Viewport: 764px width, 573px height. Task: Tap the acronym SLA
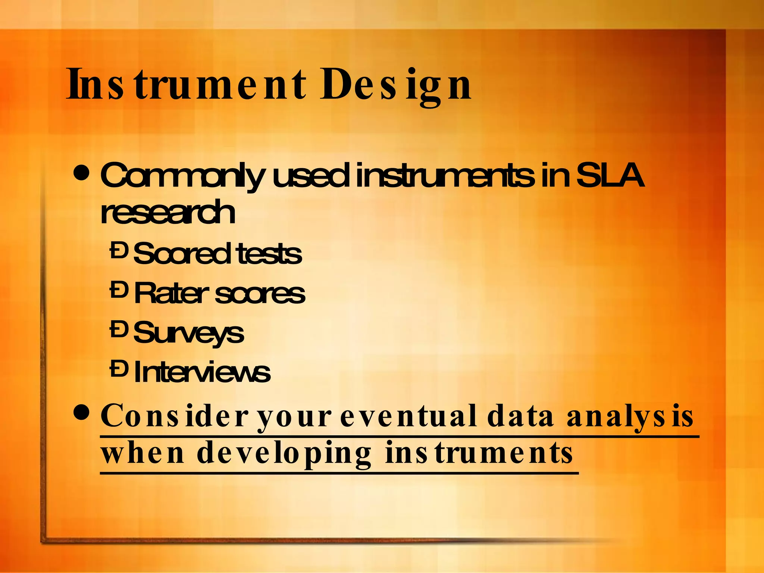610,176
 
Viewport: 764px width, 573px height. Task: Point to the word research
168,212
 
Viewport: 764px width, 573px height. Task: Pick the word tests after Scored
269,254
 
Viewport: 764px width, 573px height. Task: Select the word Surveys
188,333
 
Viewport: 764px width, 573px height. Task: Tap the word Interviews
202,372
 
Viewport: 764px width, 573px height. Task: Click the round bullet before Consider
82,412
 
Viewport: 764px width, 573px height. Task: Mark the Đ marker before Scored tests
119,250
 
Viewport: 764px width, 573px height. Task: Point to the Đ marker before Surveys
119,329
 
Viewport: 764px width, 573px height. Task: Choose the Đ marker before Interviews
119,369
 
